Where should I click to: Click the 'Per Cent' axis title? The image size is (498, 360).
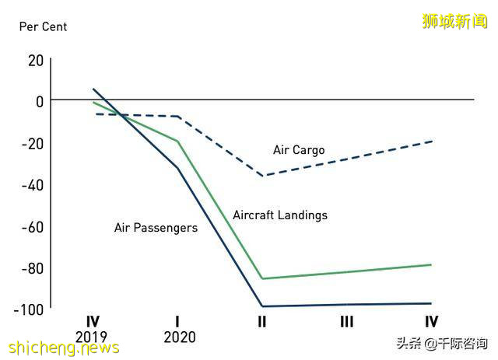coord(44,26)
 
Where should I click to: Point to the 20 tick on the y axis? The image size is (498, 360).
coord(36,59)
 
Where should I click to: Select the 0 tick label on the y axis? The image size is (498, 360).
coord(39,101)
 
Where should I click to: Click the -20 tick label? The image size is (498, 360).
coord(33,143)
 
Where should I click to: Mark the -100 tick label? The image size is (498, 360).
coord(29,309)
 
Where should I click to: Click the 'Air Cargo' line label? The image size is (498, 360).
coord(299,150)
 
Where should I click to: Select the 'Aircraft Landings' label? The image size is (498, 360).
coord(280,215)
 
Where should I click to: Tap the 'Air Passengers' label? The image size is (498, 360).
coord(156,228)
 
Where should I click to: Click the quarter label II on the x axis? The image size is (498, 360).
coord(262,322)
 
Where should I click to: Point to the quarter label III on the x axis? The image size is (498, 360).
coord(346,322)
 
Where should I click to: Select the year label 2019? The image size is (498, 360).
coord(93,337)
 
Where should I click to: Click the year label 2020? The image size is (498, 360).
coord(179,337)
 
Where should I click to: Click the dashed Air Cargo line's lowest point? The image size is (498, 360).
coord(263,176)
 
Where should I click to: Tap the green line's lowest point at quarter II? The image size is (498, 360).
coord(263,278)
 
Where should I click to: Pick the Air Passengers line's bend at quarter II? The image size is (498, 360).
coord(263,306)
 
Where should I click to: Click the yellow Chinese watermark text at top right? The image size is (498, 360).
coord(454,22)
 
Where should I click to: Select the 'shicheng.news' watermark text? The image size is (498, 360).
coord(61,348)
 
